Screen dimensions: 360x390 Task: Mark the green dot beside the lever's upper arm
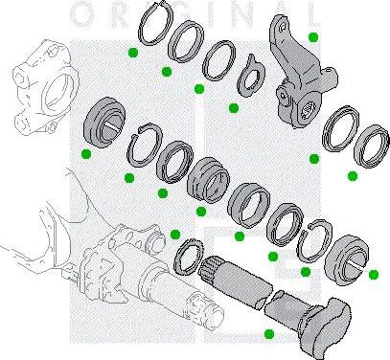click(313, 36)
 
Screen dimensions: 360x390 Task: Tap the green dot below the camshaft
click(267, 332)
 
